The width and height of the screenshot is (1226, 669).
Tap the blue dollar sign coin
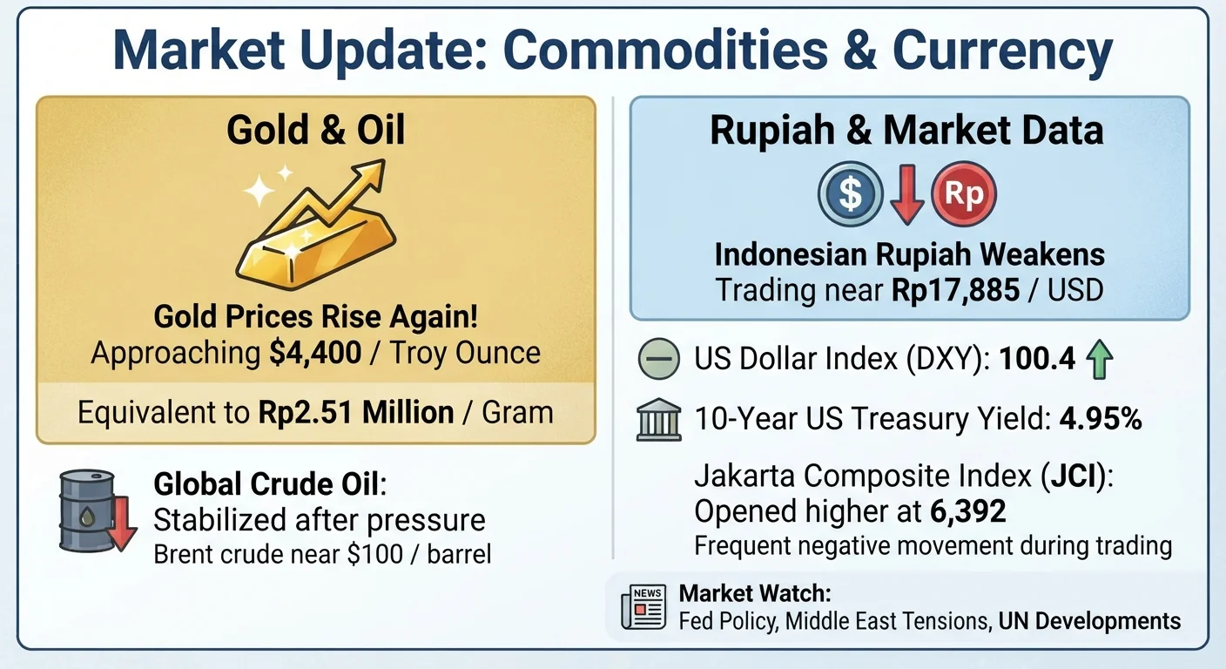[850, 193]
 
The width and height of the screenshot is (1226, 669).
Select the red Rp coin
[964, 193]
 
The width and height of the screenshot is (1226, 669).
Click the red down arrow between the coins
[907, 195]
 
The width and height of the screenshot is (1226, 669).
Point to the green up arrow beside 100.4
[1099, 359]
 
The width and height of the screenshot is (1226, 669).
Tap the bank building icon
[659, 419]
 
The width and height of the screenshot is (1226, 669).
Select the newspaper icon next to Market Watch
[643, 606]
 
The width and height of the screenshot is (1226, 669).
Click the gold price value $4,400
[315, 353]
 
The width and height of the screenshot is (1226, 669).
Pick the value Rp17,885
[955, 290]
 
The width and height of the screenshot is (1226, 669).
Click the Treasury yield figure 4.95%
[1101, 419]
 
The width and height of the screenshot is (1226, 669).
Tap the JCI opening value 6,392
[967, 511]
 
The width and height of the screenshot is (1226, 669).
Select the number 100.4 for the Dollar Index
[1037, 359]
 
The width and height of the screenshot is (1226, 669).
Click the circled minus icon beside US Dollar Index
[659, 359]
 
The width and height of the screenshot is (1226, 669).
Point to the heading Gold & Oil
[316, 131]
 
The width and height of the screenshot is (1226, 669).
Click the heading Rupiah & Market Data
[907, 131]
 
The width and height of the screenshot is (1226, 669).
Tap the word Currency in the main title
[1002, 51]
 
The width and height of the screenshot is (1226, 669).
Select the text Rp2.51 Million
[356, 412]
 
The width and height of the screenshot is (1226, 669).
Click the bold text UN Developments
[1089, 621]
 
